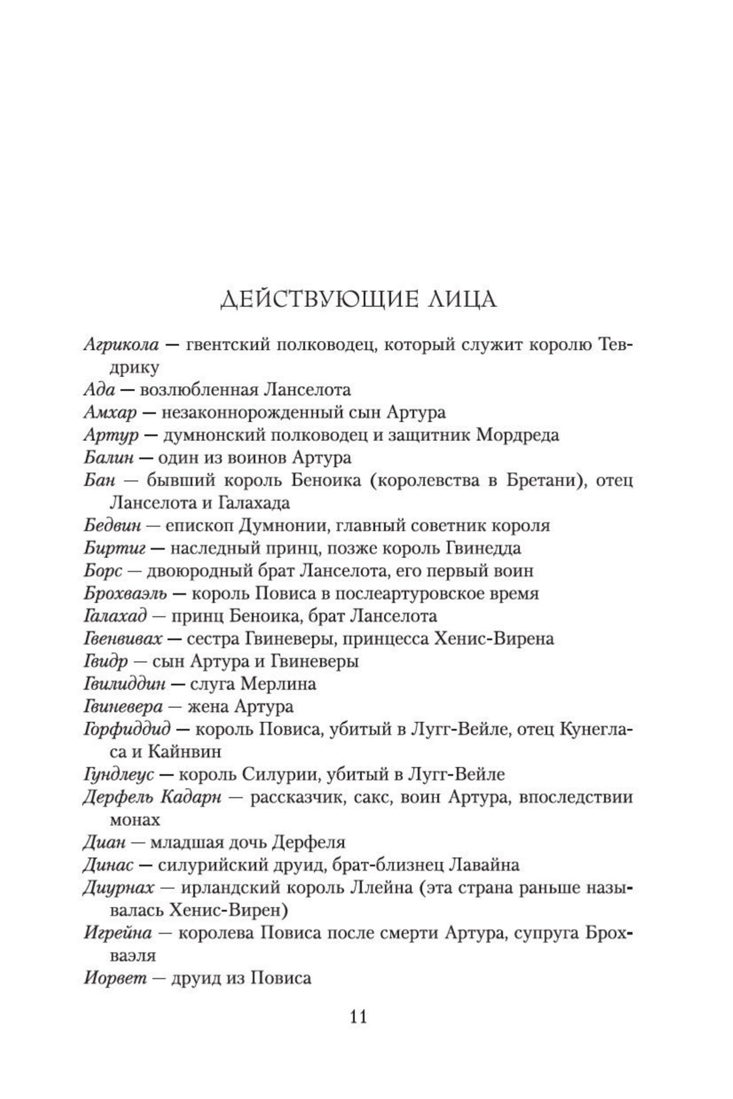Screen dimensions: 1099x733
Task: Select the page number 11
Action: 357,1017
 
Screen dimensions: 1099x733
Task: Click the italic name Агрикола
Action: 122,346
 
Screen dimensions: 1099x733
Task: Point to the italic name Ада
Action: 99,390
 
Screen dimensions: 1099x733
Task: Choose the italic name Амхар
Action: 110,412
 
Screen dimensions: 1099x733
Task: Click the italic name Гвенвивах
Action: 123,639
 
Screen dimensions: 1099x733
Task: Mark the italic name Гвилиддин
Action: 125,684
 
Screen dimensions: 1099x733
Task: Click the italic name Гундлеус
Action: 119,775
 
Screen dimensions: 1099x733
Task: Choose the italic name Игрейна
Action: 118,933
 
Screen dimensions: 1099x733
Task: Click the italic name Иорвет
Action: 115,978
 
